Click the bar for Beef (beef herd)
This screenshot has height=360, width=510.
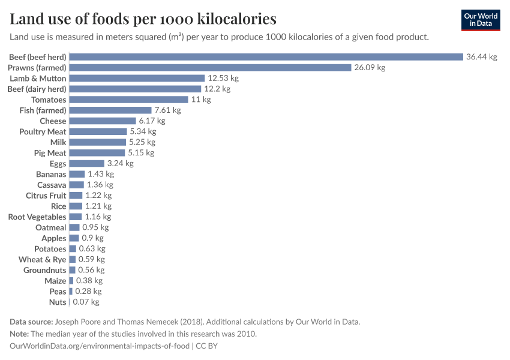tap(266, 57)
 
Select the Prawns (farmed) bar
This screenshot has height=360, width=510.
tap(210, 68)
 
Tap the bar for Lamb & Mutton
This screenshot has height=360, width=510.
tap(137, 79)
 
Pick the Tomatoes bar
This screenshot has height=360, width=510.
tap(128, 100)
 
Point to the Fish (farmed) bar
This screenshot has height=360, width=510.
tap(110, 110)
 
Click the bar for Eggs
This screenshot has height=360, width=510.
tap(86, 163)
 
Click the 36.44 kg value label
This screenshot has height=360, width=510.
tap(481, 57)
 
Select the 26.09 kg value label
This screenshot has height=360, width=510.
tap(370, 68)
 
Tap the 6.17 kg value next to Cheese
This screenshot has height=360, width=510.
tap(152, 121)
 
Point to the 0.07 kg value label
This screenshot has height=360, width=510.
tap(86, 302)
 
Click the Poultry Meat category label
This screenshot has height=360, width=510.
tap(43, 131)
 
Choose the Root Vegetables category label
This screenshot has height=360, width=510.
tap(37, 217)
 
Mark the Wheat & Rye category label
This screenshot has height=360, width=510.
tap(43, 260)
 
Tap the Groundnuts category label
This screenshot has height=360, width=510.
tap(45, 270)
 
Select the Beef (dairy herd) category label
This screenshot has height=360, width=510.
tap(37, 89)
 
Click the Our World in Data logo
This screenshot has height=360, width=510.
tap(480, 20)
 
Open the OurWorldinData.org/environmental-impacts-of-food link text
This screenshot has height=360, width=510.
tap(100, 346)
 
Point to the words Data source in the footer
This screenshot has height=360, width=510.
tap(31, 322)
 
